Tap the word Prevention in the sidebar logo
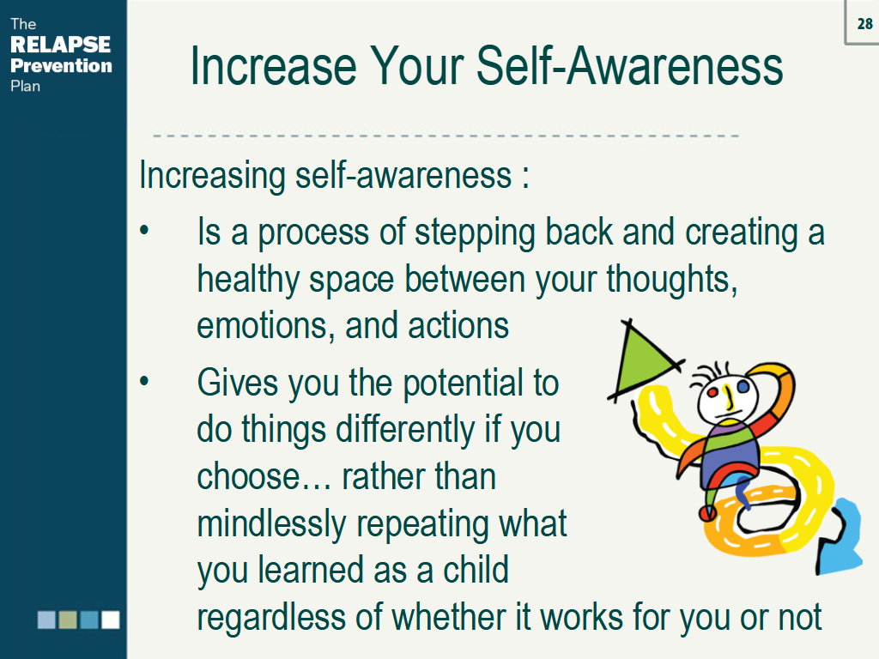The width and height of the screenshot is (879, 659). (61, 65)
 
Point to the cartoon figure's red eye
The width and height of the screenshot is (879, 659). (712, 393)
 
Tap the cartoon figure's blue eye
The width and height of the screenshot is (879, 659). (743, 387)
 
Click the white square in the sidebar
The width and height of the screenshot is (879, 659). (110, 620)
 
